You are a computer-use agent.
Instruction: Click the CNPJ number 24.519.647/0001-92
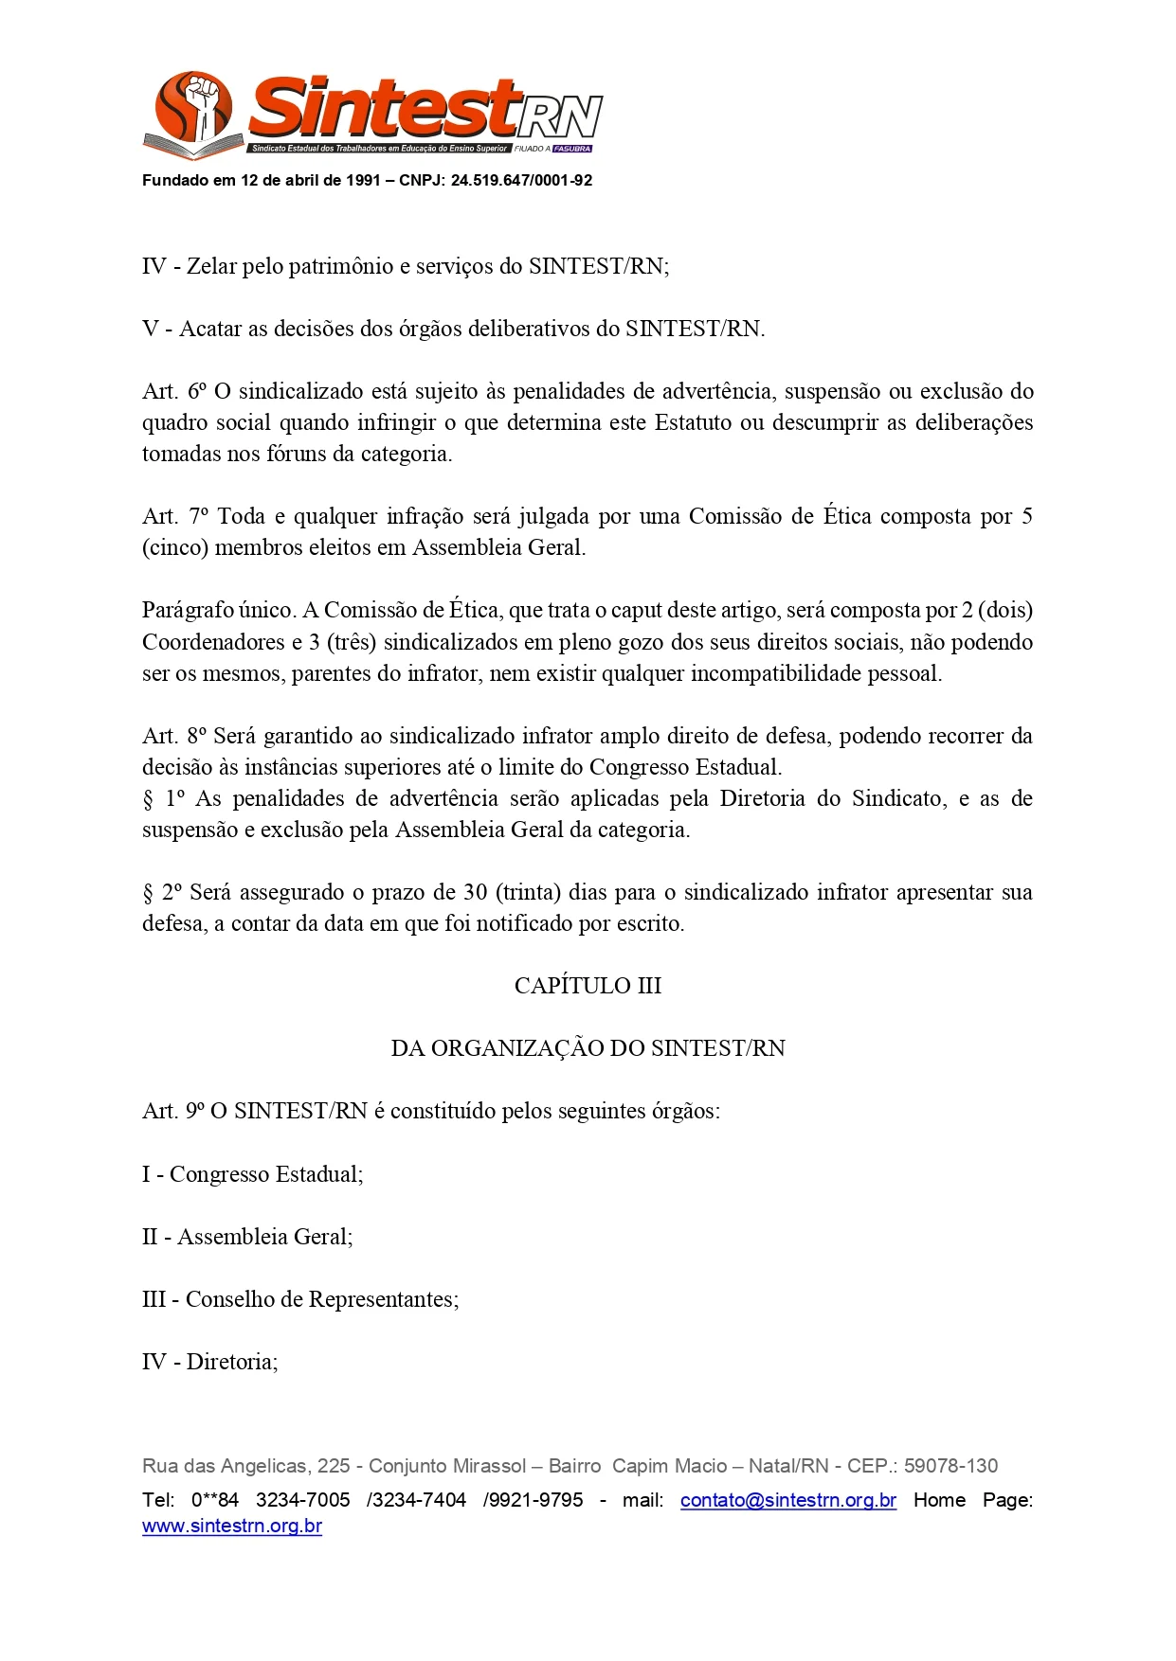(x=521, y=181)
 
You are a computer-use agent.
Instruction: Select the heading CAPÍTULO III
(x=588, y=986)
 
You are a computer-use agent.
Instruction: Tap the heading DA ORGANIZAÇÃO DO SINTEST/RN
(x=588, y=1048)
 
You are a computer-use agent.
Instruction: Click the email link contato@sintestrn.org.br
(x=787, y=1500)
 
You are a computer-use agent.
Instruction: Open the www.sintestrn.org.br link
(x=232, y=1527)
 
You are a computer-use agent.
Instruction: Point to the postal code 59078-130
(x=950, y=1466)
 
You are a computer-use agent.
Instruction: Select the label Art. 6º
(x=174, y=391)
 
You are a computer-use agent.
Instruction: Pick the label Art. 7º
(x=175, y=516)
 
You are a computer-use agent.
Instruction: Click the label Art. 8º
(x=174, y=736)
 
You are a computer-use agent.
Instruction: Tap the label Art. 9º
(x=173, y=1111)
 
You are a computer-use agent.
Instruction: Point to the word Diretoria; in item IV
(x=232, y=1362)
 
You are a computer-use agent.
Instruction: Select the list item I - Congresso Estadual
(x=253, y=1174)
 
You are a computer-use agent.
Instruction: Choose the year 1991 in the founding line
(x=364, y=181)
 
